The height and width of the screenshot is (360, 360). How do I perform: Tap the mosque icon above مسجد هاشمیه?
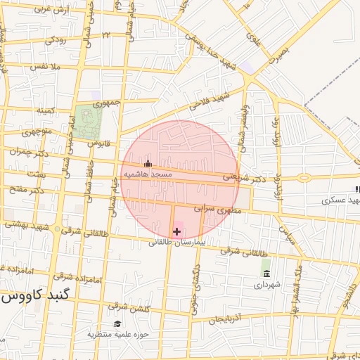tap(147, 164)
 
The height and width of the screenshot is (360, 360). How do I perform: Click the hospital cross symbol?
tap(176, 231)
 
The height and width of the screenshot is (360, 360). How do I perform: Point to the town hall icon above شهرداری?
tap(266, 274)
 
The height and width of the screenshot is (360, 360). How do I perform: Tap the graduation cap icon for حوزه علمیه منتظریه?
tap(117, 323)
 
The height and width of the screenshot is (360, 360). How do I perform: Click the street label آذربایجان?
tap(227, 319)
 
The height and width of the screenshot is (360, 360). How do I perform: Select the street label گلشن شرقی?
tap(127, 307)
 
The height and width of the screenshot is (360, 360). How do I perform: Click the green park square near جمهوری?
tap(89, 122)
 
